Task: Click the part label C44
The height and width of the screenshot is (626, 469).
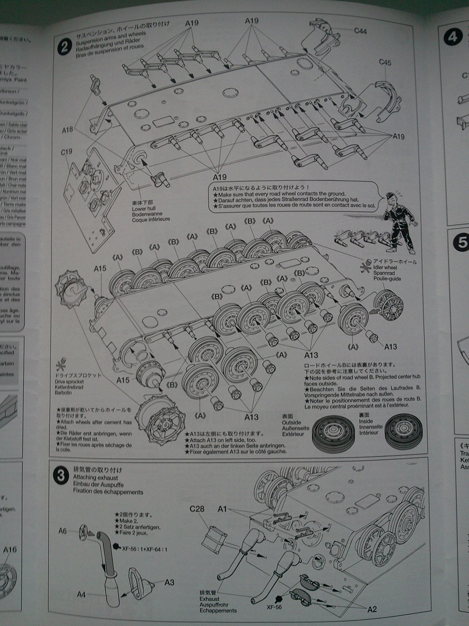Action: [x=360, y=32]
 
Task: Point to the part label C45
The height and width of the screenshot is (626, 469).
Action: [x=385, y=62]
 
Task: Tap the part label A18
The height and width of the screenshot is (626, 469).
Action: [x=68, y=130]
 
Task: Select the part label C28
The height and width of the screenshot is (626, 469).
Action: [x=198, y=508]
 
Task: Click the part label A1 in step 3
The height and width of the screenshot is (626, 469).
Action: [x=223, y=508]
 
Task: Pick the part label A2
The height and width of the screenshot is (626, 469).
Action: [x=372, y=609]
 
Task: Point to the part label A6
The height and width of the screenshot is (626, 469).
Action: [x=62, y=531]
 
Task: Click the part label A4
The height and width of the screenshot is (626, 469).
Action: [x=81, y=594]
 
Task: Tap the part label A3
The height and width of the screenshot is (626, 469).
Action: [x=169, y=582]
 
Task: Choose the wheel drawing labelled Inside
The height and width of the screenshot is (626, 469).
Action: [x=404, y=431]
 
